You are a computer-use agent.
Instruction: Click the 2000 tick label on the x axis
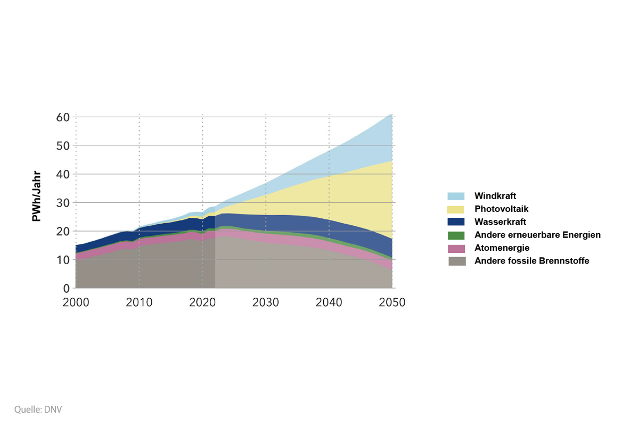tap(76, 302)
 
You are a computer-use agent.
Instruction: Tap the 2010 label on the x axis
tap(139, 302)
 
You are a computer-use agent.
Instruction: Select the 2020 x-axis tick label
tap(202, 302)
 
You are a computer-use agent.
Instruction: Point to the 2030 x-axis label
tap(266, 302)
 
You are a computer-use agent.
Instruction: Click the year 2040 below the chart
tap(329, 302)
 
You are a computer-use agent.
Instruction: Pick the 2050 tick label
tap(392, 302)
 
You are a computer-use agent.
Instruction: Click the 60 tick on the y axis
tap(63, 117)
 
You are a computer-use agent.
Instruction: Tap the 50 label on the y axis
tap(63, 145)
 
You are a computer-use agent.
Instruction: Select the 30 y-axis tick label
tap(63, 203)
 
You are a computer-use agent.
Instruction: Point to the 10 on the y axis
tap(63, 260)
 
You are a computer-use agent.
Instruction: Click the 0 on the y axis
tap(67, 289)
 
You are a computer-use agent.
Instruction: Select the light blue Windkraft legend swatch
tap(456, 196)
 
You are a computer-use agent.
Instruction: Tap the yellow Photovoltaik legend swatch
tap(456, 209)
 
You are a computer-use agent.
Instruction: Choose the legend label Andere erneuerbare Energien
tap(537, 235)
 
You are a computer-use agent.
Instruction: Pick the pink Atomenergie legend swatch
tap(456, 248)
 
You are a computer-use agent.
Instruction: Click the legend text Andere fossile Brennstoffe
tap(531, 261)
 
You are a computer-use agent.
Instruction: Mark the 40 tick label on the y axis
tap(63, 174)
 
